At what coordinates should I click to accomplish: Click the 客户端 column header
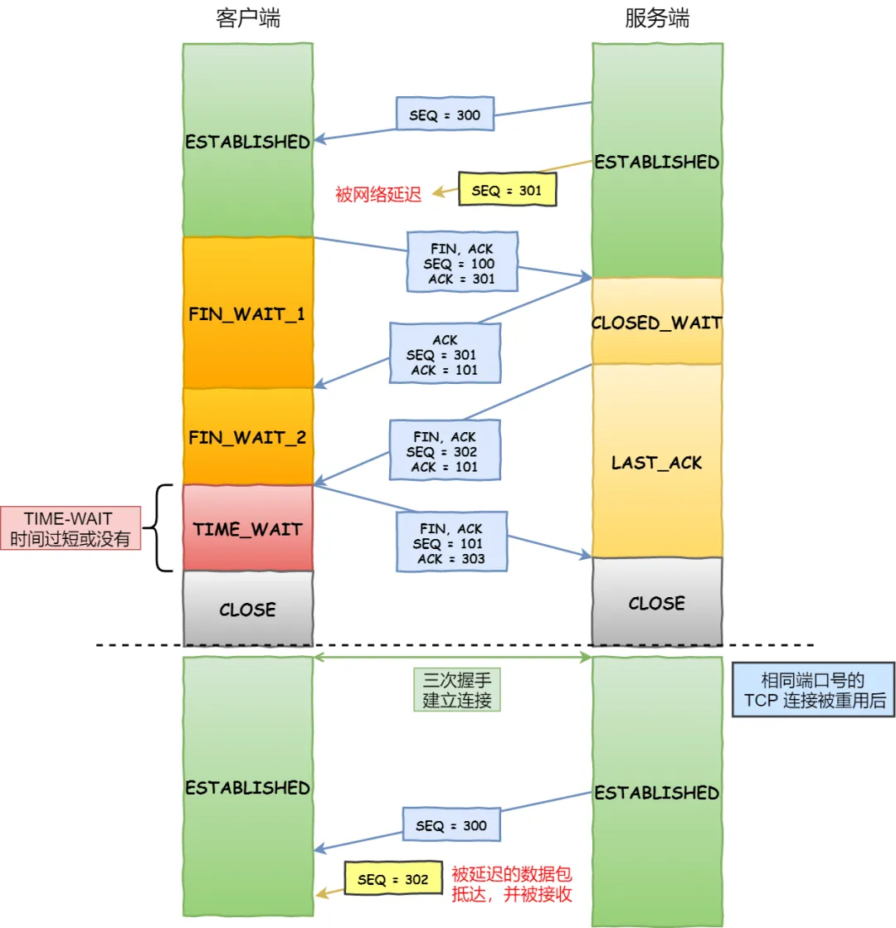click(247, 19)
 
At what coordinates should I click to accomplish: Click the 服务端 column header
click(656, 19)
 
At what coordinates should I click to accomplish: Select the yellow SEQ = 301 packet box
click(507, 190)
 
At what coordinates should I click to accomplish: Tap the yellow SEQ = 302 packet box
click(393, 879)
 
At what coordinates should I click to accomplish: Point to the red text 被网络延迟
click(378, 195)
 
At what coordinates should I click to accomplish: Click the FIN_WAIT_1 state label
click(247, 315)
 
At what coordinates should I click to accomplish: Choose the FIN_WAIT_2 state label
click(247, 437)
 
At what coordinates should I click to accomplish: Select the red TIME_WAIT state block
click(247, 528)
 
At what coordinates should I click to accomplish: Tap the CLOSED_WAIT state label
click(656, 323)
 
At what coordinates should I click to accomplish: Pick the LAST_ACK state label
click(656, 463)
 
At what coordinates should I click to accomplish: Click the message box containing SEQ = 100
click(462, 261)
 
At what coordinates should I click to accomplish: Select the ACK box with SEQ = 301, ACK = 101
click(445, 355)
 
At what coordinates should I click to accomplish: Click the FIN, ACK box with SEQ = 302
click(445, 450)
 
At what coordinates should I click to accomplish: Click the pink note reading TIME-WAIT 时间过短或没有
click(71, 528)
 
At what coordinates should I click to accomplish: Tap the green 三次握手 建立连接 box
click(457, 689)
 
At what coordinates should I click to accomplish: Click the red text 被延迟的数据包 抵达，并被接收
click(511, 884)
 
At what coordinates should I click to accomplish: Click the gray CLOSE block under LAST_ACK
click(656, 603)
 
